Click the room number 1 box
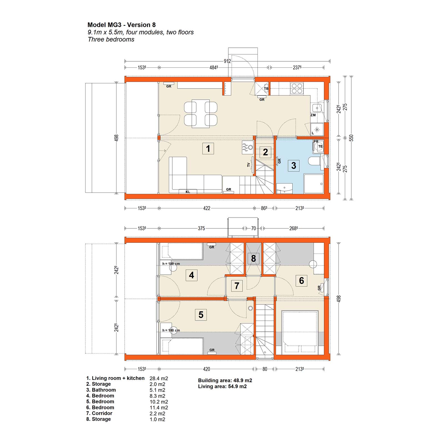[x=208, y=148]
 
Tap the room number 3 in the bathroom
[x=294, y=166]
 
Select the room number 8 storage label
[x=253, y=259]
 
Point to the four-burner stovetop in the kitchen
[x=297, y=88]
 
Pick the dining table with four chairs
[x=201, y=113]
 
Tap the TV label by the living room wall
[x=249, y=165]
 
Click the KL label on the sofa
[x=188, y=192]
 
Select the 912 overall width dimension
[x=227, y=61]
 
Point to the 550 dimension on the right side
[x=352, y=138]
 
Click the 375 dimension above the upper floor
[x=201, y=228]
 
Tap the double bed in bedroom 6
[x=300, y=332]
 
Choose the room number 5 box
[x=201, y=315]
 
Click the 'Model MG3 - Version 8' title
[x=122, y=25]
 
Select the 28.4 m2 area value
[x=159, y=379]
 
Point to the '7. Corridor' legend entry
[x=99, y=413]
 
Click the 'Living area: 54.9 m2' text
[x=222, y=386]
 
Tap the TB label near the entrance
[x=266, y=89]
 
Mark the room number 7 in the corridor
[x=237, y=286]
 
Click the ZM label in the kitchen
[x=313, y=115]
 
